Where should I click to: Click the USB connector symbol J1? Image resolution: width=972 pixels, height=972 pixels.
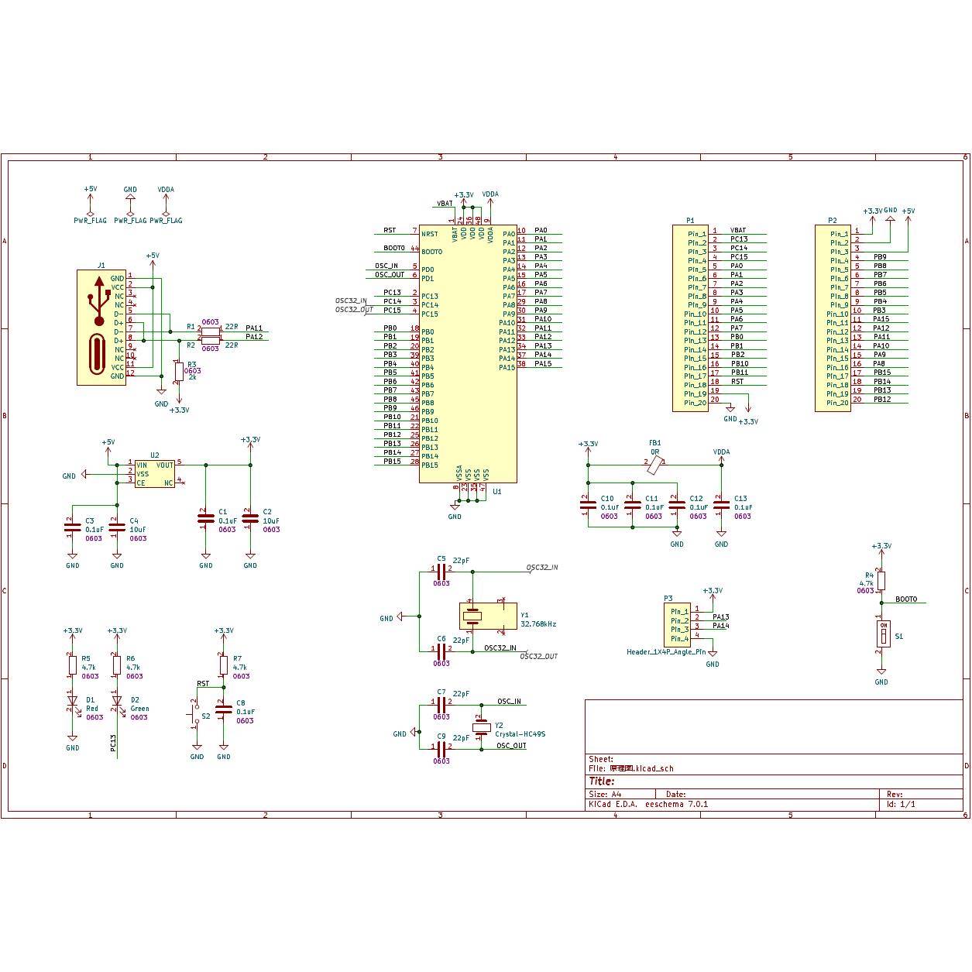point(101,327)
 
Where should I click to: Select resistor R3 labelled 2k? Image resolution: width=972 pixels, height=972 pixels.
point(179,372)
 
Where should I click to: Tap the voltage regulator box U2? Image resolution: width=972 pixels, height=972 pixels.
point(154,473)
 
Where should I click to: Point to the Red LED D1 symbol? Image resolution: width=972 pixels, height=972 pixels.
point(72,702)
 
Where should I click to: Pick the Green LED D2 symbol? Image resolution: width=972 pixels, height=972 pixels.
point(117,702)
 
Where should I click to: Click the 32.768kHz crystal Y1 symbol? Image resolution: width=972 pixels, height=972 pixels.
point(472,617)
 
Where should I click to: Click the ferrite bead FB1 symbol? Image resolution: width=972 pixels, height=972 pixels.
point(654,465)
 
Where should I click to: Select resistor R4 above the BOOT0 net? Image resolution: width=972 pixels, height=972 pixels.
point(881,581)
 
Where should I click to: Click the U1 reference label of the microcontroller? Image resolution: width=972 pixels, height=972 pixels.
point(497,491)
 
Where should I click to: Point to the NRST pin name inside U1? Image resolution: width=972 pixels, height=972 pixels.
point(429,233)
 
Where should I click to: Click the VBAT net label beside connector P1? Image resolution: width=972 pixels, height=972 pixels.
point(738,230)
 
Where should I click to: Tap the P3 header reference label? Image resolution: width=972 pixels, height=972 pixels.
point(668,598)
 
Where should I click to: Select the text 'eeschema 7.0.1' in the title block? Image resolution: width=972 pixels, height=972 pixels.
point(676,804)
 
